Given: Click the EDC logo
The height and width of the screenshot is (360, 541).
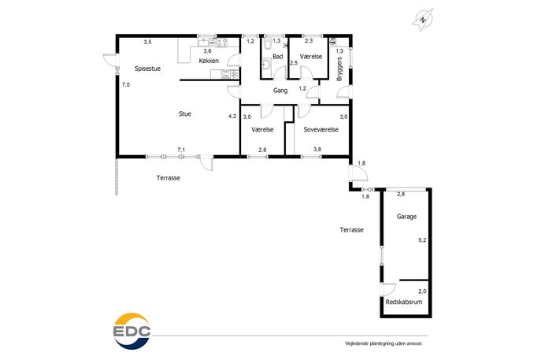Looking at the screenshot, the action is coord(132,332).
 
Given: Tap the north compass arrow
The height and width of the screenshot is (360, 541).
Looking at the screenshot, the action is coord(423,20).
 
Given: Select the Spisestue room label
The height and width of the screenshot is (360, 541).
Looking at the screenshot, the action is coord(147,69).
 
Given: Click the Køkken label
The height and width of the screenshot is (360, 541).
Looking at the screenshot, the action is coord(209,61).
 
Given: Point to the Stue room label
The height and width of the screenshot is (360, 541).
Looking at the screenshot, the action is coord(185,114).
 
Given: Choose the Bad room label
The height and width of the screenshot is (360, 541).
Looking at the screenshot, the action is coord(278,57).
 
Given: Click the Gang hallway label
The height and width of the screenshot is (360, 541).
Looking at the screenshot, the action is coord(280,91).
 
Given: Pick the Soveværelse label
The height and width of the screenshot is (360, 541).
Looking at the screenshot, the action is coord(321,129).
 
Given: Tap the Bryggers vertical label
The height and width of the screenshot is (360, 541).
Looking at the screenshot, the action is coord(339,69).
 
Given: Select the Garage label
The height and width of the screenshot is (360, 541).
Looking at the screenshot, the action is coord(406,217).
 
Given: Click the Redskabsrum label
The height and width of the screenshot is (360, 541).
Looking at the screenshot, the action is coord(404,302).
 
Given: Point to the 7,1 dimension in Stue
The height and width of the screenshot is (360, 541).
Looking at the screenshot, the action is coord(181,150).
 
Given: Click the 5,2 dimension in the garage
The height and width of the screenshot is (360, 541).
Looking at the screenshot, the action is coord(422,240).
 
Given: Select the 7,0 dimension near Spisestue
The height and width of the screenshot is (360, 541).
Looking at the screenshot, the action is coord(126,84).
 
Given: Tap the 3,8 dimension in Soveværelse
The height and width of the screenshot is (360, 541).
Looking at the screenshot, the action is coord(317,150).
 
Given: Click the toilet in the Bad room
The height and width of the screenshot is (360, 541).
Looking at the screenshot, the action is coord(268,44).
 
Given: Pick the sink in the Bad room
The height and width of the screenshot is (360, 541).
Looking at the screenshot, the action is coord(265,65).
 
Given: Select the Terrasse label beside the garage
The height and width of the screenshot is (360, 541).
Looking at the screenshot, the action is coord(351,230).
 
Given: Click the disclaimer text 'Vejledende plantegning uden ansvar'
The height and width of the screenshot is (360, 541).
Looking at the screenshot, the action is coord(384,343).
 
